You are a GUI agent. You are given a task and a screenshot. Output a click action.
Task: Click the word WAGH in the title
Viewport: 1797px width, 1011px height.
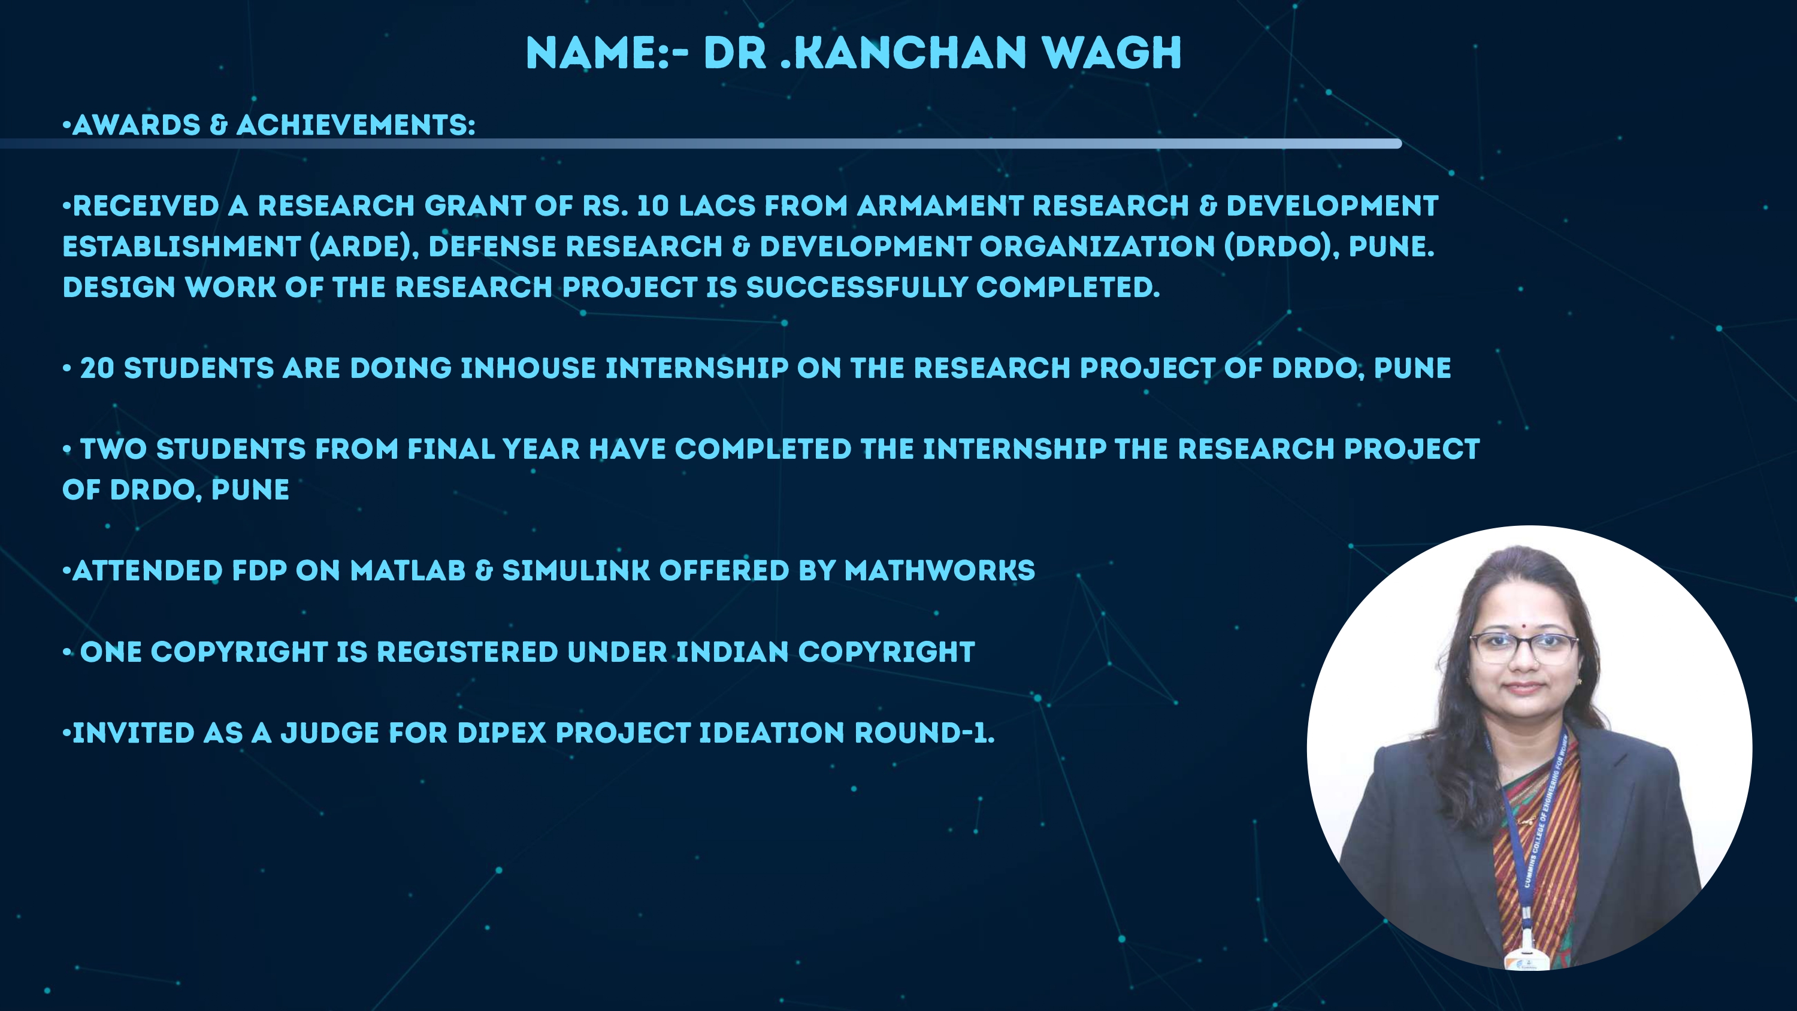click(x=1111, y=53)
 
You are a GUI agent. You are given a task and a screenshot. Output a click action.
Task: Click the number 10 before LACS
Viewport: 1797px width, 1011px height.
click(x=653, y=206)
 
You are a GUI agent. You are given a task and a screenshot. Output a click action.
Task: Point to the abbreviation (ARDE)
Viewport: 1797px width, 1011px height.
click(x=364, y=247)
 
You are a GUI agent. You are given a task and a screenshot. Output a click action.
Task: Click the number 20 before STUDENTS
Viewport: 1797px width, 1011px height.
click(x=97, y=368)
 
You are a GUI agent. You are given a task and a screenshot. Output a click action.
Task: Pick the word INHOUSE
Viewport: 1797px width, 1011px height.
click(x=528, y=368)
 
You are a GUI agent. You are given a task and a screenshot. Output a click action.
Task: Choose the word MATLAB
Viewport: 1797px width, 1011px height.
click(x=407, y=571)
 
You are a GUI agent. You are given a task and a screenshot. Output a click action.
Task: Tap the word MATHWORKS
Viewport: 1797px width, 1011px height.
click(x=940, y=571)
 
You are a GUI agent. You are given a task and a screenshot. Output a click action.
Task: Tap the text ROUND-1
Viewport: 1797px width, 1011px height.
click(x=924, y=733)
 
